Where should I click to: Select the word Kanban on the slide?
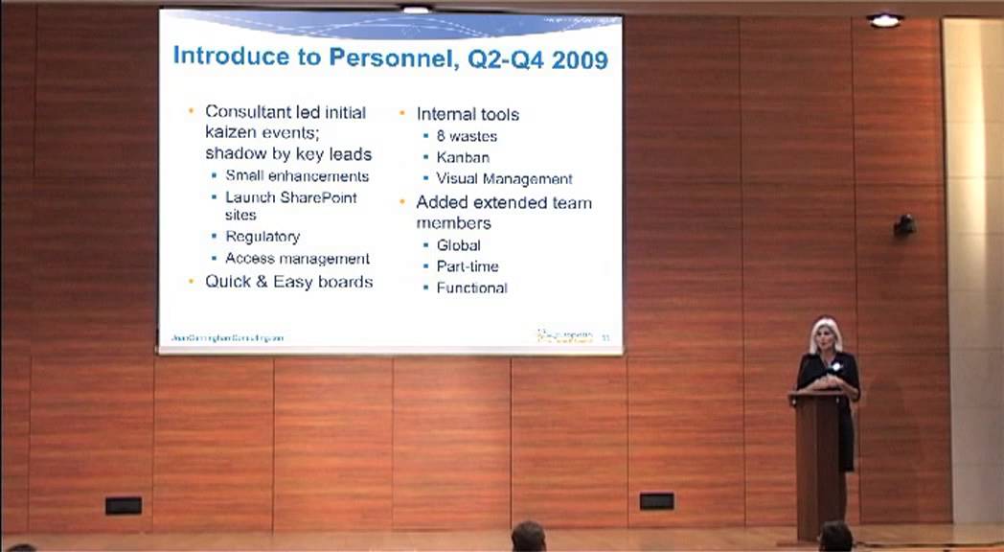[463, 157]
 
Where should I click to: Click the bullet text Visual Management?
[504, 179]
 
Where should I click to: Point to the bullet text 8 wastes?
[467, 136]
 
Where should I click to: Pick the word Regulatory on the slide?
[262, 237]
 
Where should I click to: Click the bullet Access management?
[297, 259]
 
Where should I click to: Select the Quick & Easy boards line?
[288, 282]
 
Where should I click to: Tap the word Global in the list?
[458, 245]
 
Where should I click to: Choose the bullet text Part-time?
[468, 266]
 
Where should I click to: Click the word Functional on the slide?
[471, 287]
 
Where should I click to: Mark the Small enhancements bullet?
[297, 176]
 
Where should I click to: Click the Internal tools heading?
[468, 114]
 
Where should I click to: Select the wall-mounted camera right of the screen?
[903, 225]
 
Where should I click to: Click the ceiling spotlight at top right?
[884, 20]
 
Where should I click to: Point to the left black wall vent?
[124, 505]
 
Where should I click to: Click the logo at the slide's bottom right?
[564, 335]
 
